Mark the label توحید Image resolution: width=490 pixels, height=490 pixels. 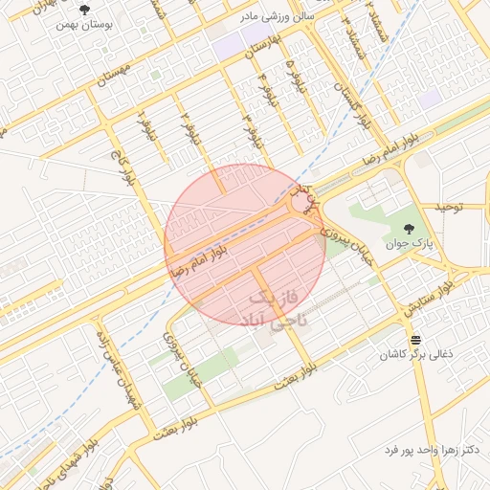(x=449, y=206)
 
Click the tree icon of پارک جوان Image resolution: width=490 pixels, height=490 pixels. (x=411, y=229)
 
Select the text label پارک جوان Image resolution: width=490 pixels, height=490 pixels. (x=412, y=243)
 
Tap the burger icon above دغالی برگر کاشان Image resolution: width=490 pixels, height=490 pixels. (x=416, y=340)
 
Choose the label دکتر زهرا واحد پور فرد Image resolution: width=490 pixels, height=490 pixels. (x=430, y=449)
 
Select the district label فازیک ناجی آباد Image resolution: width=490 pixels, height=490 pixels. (x=279, y=307)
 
